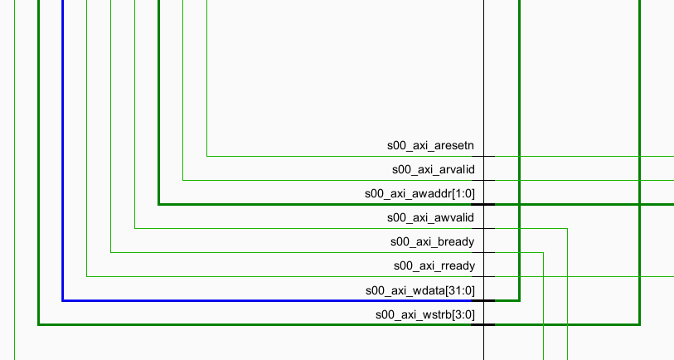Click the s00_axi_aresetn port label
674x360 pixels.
coord(430,146)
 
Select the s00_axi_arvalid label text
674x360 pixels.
coord(433,170)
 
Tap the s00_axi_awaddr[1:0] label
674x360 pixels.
coord(419,194)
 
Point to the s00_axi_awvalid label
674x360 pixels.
coord(430,218)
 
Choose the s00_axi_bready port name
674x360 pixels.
coord(432,242)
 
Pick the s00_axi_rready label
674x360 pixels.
coord(434,266)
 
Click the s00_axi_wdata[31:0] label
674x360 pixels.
coord(419,290)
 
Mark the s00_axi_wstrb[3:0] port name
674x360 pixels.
coord(424,314)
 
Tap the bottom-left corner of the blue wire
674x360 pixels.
coord(63,300)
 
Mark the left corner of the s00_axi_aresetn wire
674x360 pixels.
coord(207,156)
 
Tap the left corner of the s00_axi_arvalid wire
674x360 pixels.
coord(183,180)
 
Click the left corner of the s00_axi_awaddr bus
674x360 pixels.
coord(159,204)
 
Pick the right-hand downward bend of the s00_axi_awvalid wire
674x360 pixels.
coord(567,228)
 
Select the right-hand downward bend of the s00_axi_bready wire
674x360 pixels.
coord(543,252)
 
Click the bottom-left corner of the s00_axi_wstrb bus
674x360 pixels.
coord(39,324)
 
